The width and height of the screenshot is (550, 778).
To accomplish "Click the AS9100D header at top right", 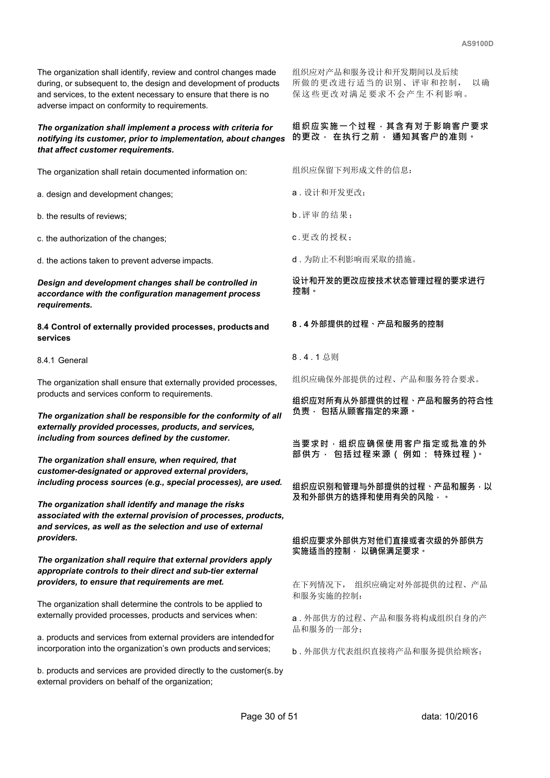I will click(477, 44).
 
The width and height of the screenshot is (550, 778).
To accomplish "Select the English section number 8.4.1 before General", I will click(46, 360).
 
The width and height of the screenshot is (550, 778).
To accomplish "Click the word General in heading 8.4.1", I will click(73, 360).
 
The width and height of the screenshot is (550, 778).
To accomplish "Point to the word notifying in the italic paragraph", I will click(55, 139).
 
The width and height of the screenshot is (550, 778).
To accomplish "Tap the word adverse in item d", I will click(165, 261).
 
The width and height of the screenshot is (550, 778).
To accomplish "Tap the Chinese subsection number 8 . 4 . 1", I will click(306, 357).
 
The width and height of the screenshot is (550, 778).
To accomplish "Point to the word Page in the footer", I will click(251, 716).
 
